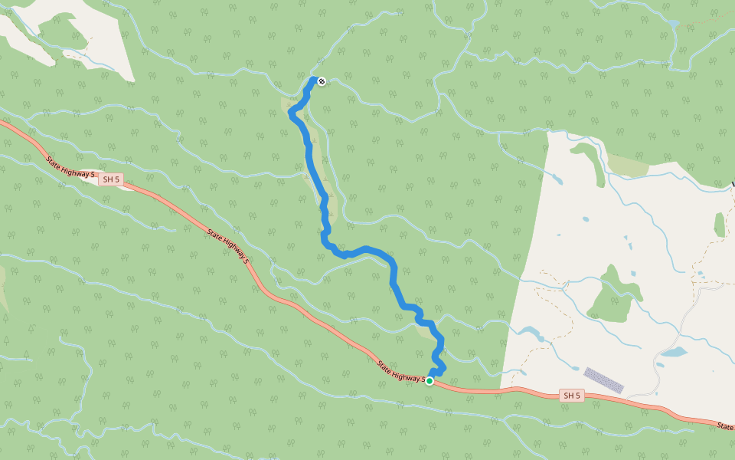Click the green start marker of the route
pos(430,381)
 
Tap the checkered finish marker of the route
pos(322,80)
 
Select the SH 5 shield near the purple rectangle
pos(571,396)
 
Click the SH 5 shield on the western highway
pos(110,179)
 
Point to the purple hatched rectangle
pos(603,380)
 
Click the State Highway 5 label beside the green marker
pos(400,371)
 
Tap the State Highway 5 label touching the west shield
pos(70,169)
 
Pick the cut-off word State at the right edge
pos(726,426)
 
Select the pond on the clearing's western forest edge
pos(530,333)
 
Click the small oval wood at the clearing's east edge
pos(719,225)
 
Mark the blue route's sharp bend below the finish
pos(292,114)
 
